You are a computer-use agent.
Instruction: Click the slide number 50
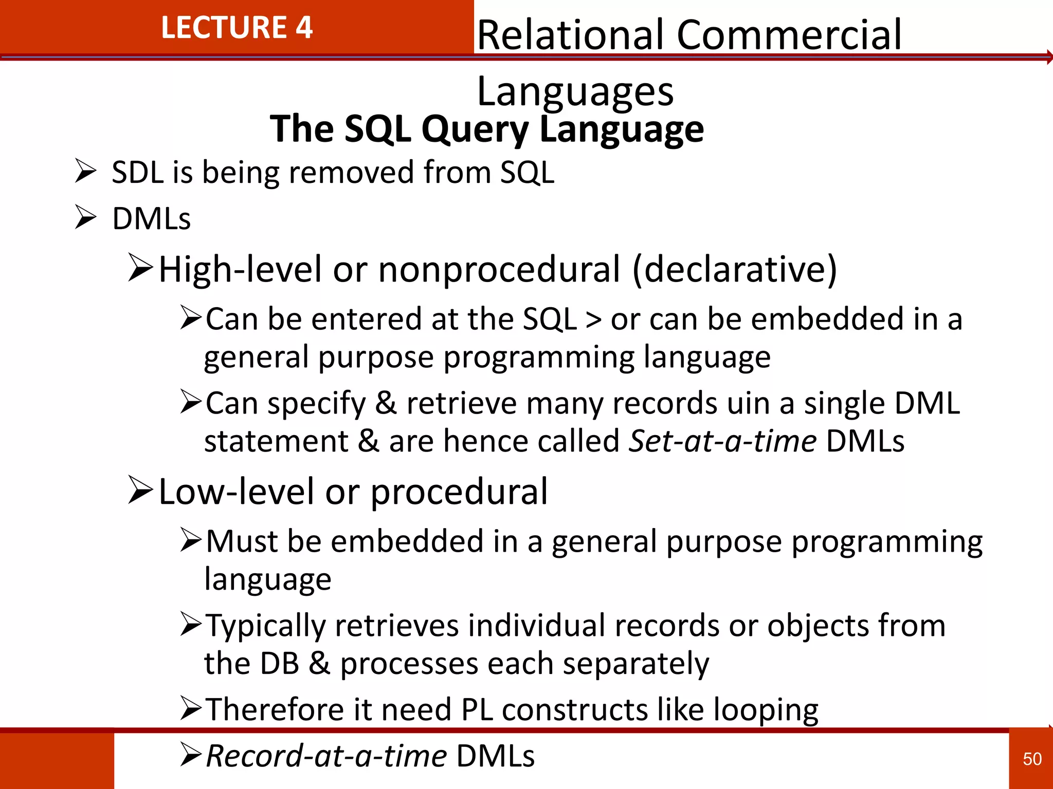[x=1032, y=759]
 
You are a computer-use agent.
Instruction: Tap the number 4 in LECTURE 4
[x=304, y=28]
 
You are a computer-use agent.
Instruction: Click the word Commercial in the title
[x=789, y=35]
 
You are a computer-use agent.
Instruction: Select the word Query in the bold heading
[x=475, y=129]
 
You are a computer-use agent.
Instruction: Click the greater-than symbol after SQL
[x=593, y=320]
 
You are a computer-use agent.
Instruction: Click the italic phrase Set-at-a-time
[x=723, y=441]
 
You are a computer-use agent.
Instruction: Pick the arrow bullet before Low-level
[x=140, y=490]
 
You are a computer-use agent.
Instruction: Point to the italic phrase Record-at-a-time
[x=326, y=756]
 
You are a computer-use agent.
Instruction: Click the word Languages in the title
[x=575, y=91]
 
